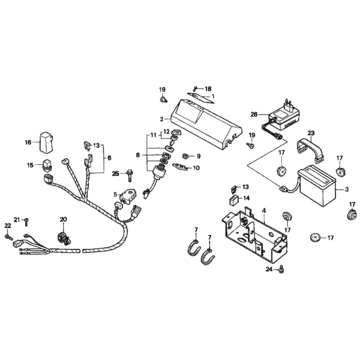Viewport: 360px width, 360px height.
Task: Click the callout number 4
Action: [x=264, y=210]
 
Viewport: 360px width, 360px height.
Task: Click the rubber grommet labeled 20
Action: [x=63, y=238]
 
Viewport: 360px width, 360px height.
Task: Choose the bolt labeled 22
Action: [x=8, y=237]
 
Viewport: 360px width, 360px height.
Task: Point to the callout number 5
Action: [x=115, y=195]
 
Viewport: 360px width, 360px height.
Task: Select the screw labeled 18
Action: [x=195, y=89]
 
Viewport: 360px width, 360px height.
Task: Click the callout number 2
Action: [x=162, y=119]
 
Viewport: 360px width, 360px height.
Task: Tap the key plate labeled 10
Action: [x=181, y=166]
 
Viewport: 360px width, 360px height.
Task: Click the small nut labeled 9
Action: [x=186, y=156]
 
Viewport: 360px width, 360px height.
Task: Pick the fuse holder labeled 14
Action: [x=234, y=199]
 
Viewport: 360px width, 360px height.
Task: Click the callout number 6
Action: [x=109, y=158]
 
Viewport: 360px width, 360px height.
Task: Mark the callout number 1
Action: [x=213, y=96]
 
